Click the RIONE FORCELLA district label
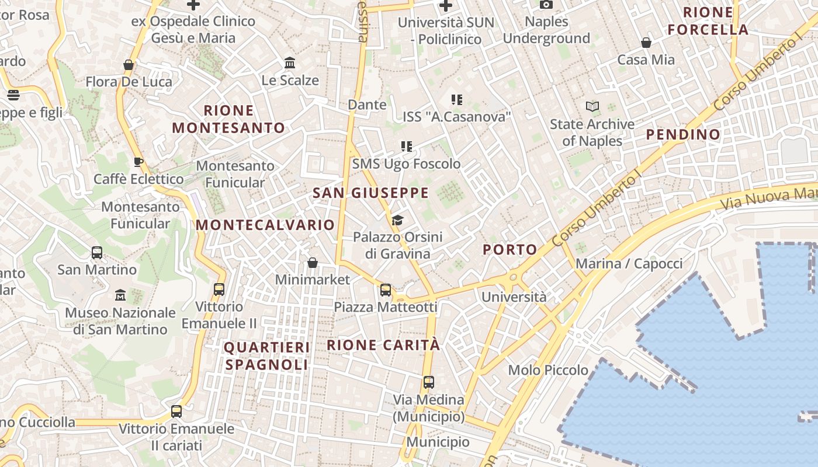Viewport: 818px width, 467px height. point(708,21)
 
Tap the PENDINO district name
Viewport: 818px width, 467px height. point(683,135)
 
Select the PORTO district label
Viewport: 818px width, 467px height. point(510,250)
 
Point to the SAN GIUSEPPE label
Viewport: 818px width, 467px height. point(370,193)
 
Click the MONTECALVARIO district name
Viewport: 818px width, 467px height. point(265,225)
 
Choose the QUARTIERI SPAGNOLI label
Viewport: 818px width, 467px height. point(267,356)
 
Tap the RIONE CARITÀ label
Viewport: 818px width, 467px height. point(383,344)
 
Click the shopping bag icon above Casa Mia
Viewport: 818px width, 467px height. point(646,43)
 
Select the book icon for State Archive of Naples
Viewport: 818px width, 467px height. point(592,107)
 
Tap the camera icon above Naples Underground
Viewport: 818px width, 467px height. point(546,5)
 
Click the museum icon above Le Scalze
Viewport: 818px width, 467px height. point(290,62)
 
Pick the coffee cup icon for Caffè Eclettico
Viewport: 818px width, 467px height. point(138,162)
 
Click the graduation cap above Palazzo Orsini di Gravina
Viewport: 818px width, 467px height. point(397,219)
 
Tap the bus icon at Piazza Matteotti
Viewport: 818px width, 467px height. point(386,290)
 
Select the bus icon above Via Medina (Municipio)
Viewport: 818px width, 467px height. point(429,382)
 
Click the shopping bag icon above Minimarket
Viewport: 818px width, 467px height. point(313,263)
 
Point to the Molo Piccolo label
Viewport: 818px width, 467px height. point(548,370)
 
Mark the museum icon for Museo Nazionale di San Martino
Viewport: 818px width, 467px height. point(120,295)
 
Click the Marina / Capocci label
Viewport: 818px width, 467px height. point(629,264)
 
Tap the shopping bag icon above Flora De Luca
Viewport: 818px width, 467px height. point(129,64)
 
